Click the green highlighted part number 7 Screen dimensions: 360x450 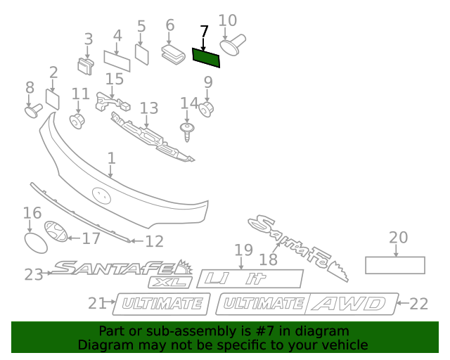tap(206, 56)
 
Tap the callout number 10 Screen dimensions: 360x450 tap(228, 20)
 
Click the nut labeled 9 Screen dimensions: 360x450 tap(207, 110)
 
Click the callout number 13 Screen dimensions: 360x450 tap(149, 108)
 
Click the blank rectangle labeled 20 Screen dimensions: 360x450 tap(394, 265)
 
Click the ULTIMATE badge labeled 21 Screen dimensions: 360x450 tap(162, 304)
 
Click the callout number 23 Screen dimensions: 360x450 tap(34, 274)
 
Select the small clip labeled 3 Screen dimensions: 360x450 tap(86, 65)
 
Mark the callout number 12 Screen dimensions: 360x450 tap(154, 241)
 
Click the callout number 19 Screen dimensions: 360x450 tap(243, 250)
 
